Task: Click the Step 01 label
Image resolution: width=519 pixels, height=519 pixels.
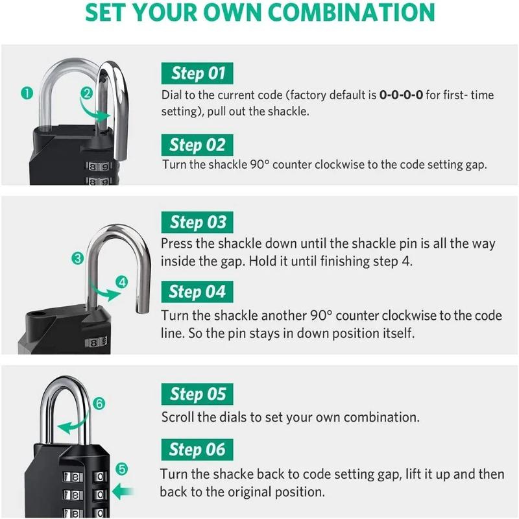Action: pyautogui.click(x=197, y=73)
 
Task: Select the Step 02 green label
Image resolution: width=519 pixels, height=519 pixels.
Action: pyautogui.click(x=197, y=145)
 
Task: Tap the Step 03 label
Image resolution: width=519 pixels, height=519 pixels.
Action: pyautogui.click(x=197, y=223)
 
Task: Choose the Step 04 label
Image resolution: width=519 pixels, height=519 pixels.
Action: pyautogui.click(x=197, y=292)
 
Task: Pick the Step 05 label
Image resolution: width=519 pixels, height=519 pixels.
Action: pyautogui.click(x=197, y=394)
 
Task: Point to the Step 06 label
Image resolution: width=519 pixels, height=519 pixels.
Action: pyautogui.click(x=197, y=450)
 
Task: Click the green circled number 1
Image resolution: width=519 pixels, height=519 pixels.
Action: pyautogui.click(x=27, y=93)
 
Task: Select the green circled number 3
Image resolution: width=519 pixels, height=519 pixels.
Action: pyautogui.click(x=78, y=258)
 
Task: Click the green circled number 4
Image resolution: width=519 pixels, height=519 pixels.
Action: pyautogui.click(x=123, y=282)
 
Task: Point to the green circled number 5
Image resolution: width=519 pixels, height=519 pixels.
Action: pyautogui.click(x=123, y=468)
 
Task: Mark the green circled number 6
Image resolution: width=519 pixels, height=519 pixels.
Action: pyautogui.click(x=99, y=404)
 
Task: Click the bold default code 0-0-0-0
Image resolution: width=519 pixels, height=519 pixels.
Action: pyautogui.click(x=401, y=95)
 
